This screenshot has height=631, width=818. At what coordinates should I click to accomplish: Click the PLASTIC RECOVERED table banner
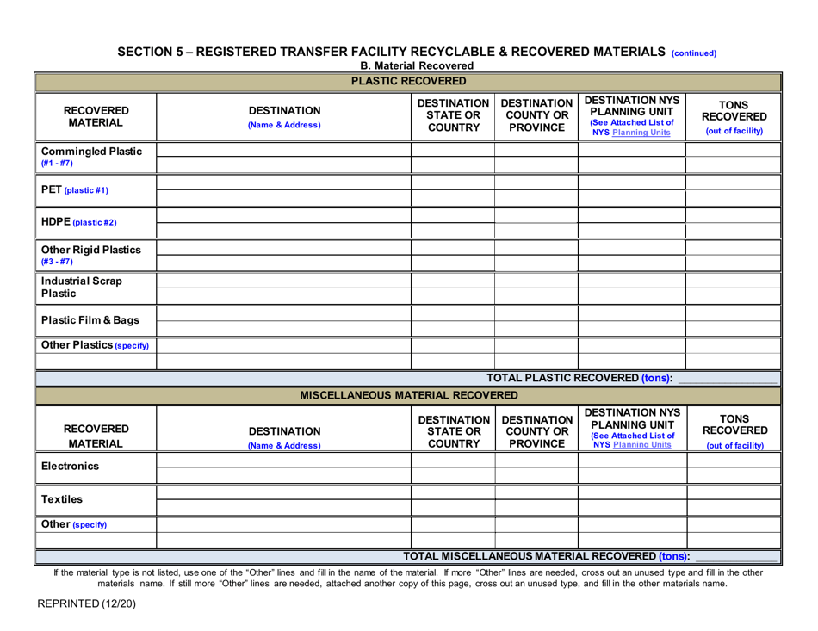tap(409, 82)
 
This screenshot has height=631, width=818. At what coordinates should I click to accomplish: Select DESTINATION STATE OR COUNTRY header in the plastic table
tap(452, 114)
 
